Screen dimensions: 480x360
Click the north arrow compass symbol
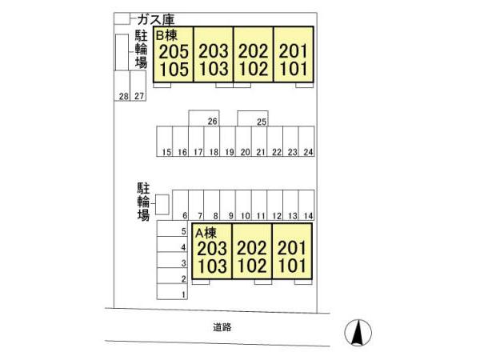[358, 333]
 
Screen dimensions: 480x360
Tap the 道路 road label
[222, 327]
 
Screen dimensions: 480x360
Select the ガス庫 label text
[156, 19]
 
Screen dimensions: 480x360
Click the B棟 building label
[166, 35]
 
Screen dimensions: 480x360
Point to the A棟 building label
[206, 233]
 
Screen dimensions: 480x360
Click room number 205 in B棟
[174, 51]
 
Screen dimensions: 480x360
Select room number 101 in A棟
[292, 266]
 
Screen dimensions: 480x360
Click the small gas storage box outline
[122, 18]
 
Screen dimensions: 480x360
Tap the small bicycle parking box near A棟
[162, 205]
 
